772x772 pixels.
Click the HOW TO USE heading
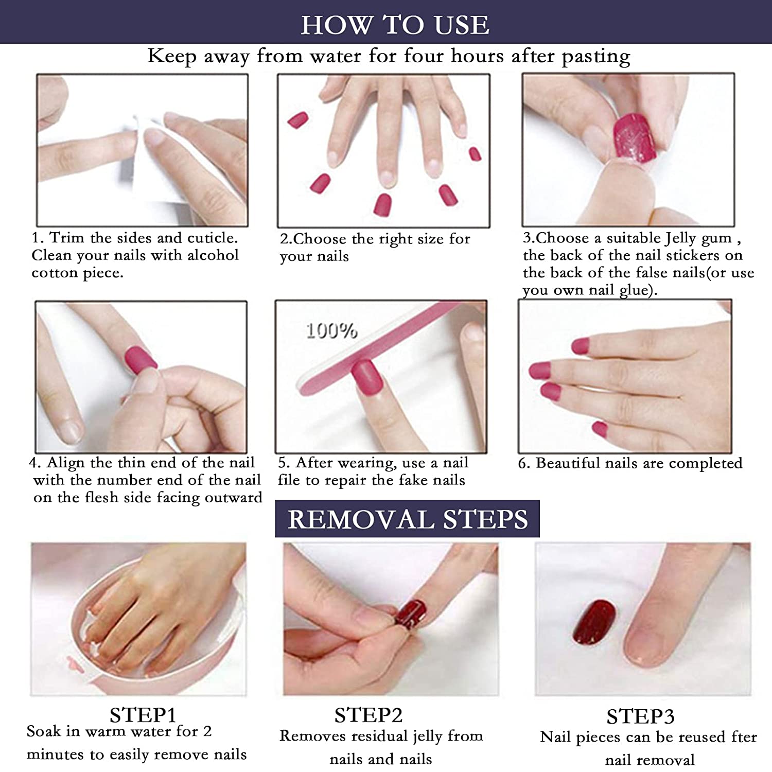tap(395, 25)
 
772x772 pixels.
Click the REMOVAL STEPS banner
tap(407, 519)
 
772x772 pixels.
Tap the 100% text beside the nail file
tap(331, 330)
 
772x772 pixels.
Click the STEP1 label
tap(143, 715)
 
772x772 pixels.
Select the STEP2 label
tap(368, 715)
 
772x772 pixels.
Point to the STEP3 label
tap(640, 716)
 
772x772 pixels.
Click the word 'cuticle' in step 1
tap(212, 238)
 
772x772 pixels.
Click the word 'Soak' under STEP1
tap(43, 731)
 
